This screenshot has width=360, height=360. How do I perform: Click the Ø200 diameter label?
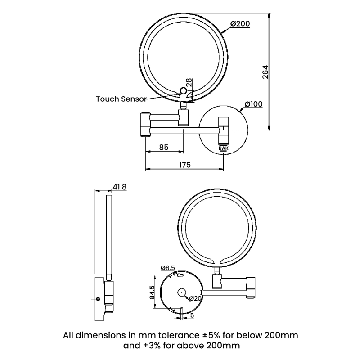pyautogui.click(x=240, y=24)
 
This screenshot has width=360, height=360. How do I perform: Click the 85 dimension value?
pyautogui.click(x=164, y=147)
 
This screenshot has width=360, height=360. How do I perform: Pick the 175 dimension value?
pyautogui.click(x=184, y=165)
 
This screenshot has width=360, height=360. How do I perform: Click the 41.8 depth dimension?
pyautogui.click(x=119, y=187)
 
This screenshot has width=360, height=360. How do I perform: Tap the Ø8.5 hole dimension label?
pyautogui.click(x=168, y=268)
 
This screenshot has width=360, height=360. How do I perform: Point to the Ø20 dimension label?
pyautogui.click(x=195, y=299)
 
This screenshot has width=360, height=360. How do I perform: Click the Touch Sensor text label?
pyautogui.click(x=121, y=99)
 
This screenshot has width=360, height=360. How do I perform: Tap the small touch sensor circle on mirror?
pyautogui.click(x=183, y=91)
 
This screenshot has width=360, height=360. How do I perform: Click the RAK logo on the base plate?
pyautogui.click(x=224, y=148)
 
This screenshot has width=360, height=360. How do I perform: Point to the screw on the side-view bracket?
pyautogui.click(x=99, y=298)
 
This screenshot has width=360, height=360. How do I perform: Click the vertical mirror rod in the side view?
pyautogui.click(x=108, y=234)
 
